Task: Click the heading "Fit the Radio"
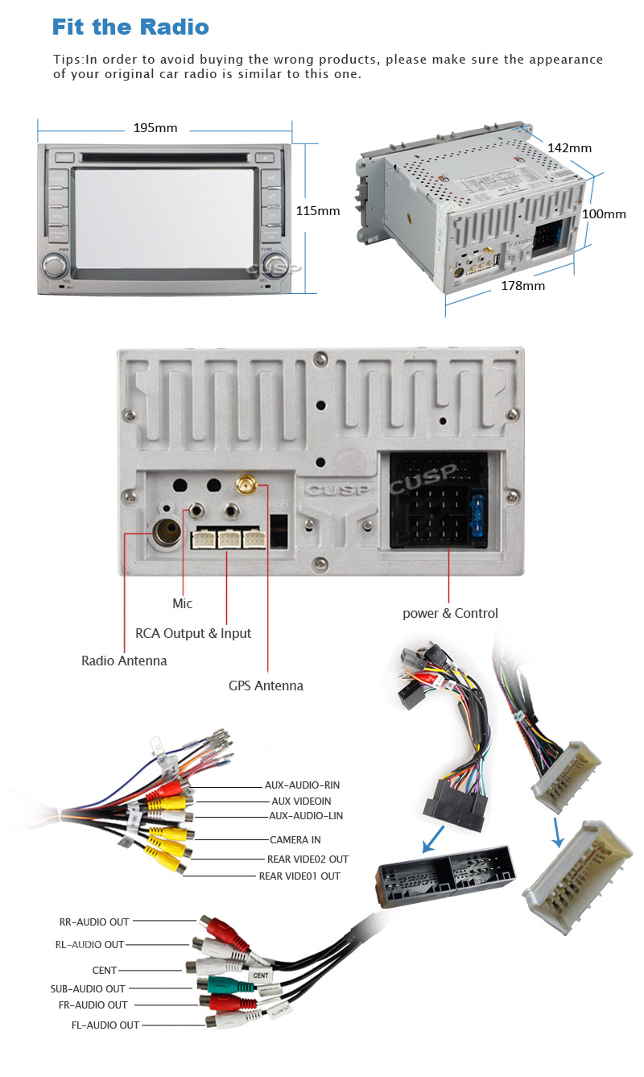tap(130, 27)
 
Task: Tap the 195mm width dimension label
tap(155, 128)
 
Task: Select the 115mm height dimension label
tap(318, 211)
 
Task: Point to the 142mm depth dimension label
tap(569, 147)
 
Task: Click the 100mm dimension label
tap(604, 213)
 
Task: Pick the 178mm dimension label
tap(522, 285)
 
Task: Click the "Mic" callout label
tap(183, 603)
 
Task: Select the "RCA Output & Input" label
tap(193, 633)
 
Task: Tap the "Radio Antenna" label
tap(124, 661)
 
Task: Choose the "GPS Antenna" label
tap(266, 686)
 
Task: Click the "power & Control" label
tap(450, 613)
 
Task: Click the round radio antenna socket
tap(167, 532)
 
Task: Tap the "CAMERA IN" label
tap(295, 839)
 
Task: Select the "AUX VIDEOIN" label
tap(300, 801)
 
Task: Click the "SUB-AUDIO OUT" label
tap(88, 988)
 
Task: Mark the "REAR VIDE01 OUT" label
tap(299, 876)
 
